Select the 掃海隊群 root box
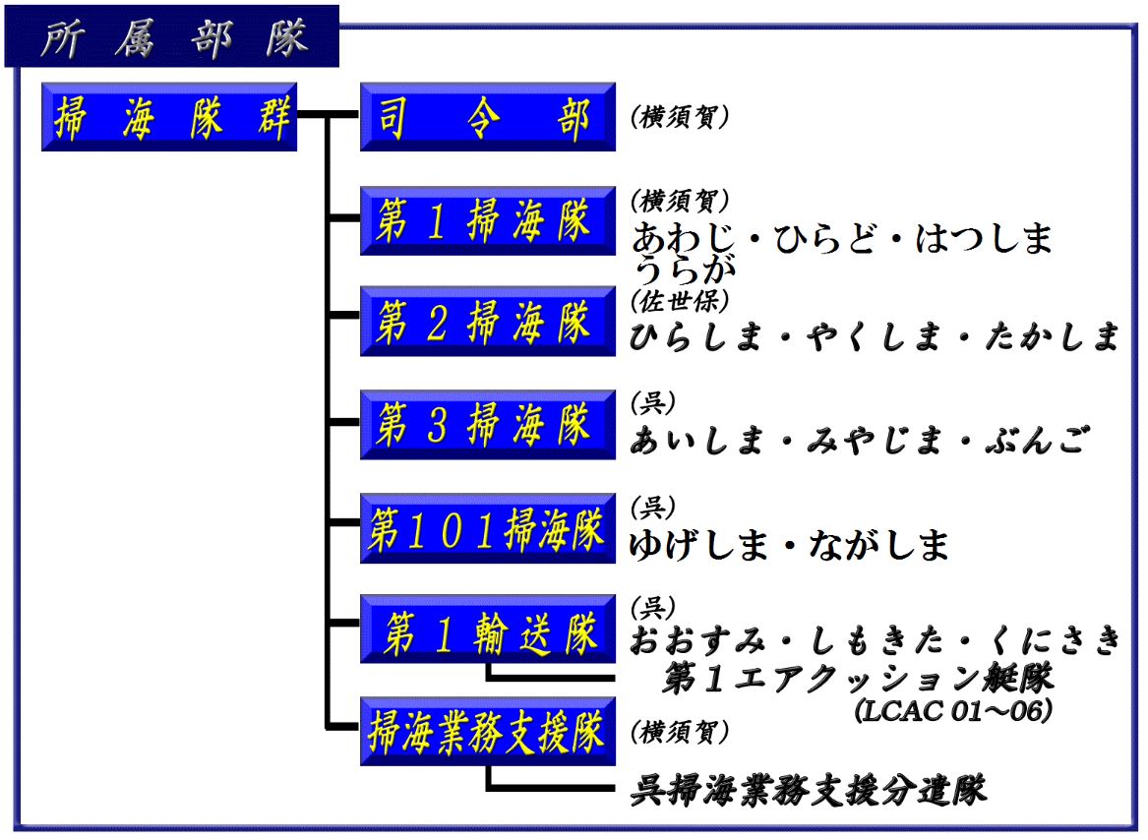coord(169,117)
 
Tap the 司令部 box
coord(487,117)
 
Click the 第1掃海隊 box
coord(487,220)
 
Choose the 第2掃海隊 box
coord(487,322)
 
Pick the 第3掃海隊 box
coord(487,425)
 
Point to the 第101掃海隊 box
coord(487,528)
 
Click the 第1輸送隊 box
coord(487,630)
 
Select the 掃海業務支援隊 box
coord(487,732)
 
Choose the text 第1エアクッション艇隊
coord(858,677)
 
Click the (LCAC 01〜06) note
coord(953,708)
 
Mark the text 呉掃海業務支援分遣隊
coord(808,789)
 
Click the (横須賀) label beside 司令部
coord(680,117)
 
